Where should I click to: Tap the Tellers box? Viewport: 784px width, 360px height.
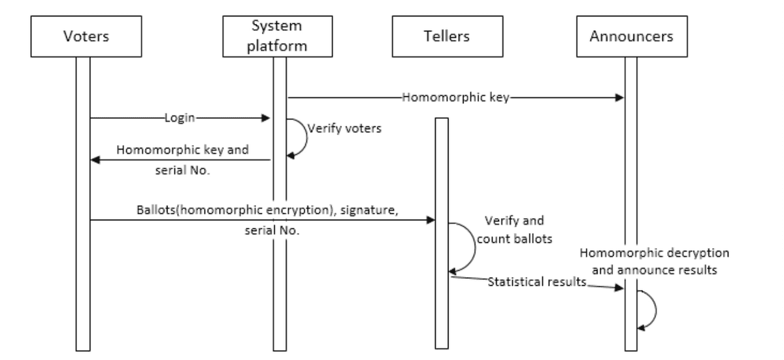442,37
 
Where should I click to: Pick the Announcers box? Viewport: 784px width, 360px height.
631,37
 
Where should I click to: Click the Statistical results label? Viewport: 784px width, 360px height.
535,283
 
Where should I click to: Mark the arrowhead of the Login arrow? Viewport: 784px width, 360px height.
266,119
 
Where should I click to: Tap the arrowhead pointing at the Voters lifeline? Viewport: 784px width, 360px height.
95,160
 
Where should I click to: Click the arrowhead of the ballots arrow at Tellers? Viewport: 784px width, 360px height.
431,220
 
